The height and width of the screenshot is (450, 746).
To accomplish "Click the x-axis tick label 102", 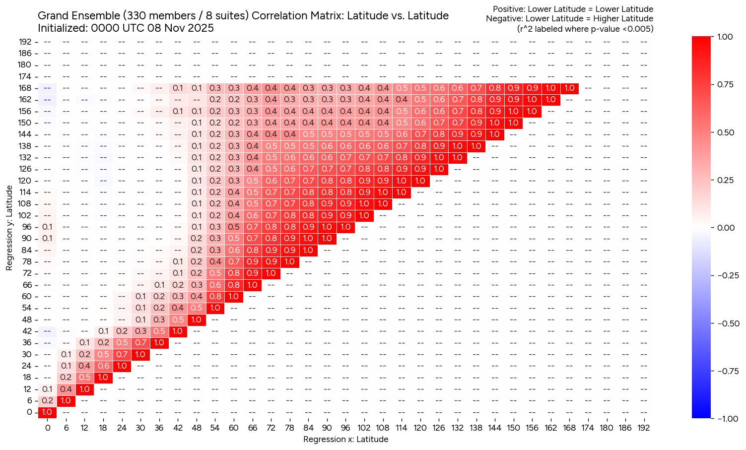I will pyautogui.click(x=364, y=428).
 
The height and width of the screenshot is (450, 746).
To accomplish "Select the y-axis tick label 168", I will pyautogui.click(x=25, y=88).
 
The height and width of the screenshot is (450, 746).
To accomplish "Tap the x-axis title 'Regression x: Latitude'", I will pyautogui.click(x=345, y=439).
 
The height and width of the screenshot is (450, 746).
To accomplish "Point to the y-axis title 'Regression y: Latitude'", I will pyautogui.click(x=9, y=228).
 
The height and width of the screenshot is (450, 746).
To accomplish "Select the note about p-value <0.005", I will pyautogui.click(x=585, y=29).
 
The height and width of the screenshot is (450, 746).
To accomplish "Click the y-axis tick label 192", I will pyautogui.click(x=25, y=42).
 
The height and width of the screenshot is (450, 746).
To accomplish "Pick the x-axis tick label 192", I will pyautogui.click(x=643, y=428).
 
